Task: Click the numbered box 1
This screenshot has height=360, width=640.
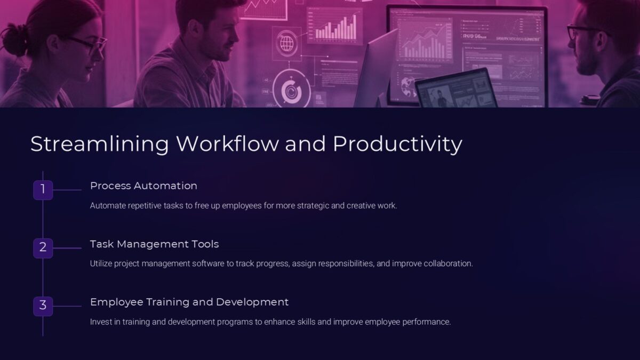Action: pyautogui.click(x=43, y=189)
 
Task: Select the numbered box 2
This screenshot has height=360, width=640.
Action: pyautogui.click(x=43, y=247)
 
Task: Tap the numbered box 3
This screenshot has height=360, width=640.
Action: pyautogui.click(x=43, y=306)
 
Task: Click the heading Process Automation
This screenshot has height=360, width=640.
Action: pyautogui.click(x=143, y=186)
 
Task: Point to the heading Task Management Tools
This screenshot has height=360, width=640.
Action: pyautogui.click(x=154, y=244)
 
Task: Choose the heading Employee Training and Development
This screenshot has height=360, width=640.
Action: pyautogui.click(x=189, y=302)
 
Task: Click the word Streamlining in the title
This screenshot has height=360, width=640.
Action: pyautogui.click(x=100, y=145)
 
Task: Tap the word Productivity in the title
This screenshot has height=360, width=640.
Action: pyautogui.click(x=397, y=145)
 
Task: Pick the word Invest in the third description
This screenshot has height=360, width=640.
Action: pyautogui.click(x=101, y=322)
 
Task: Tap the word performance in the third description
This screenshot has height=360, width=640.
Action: pyautogui.click(x=427, y=322)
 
